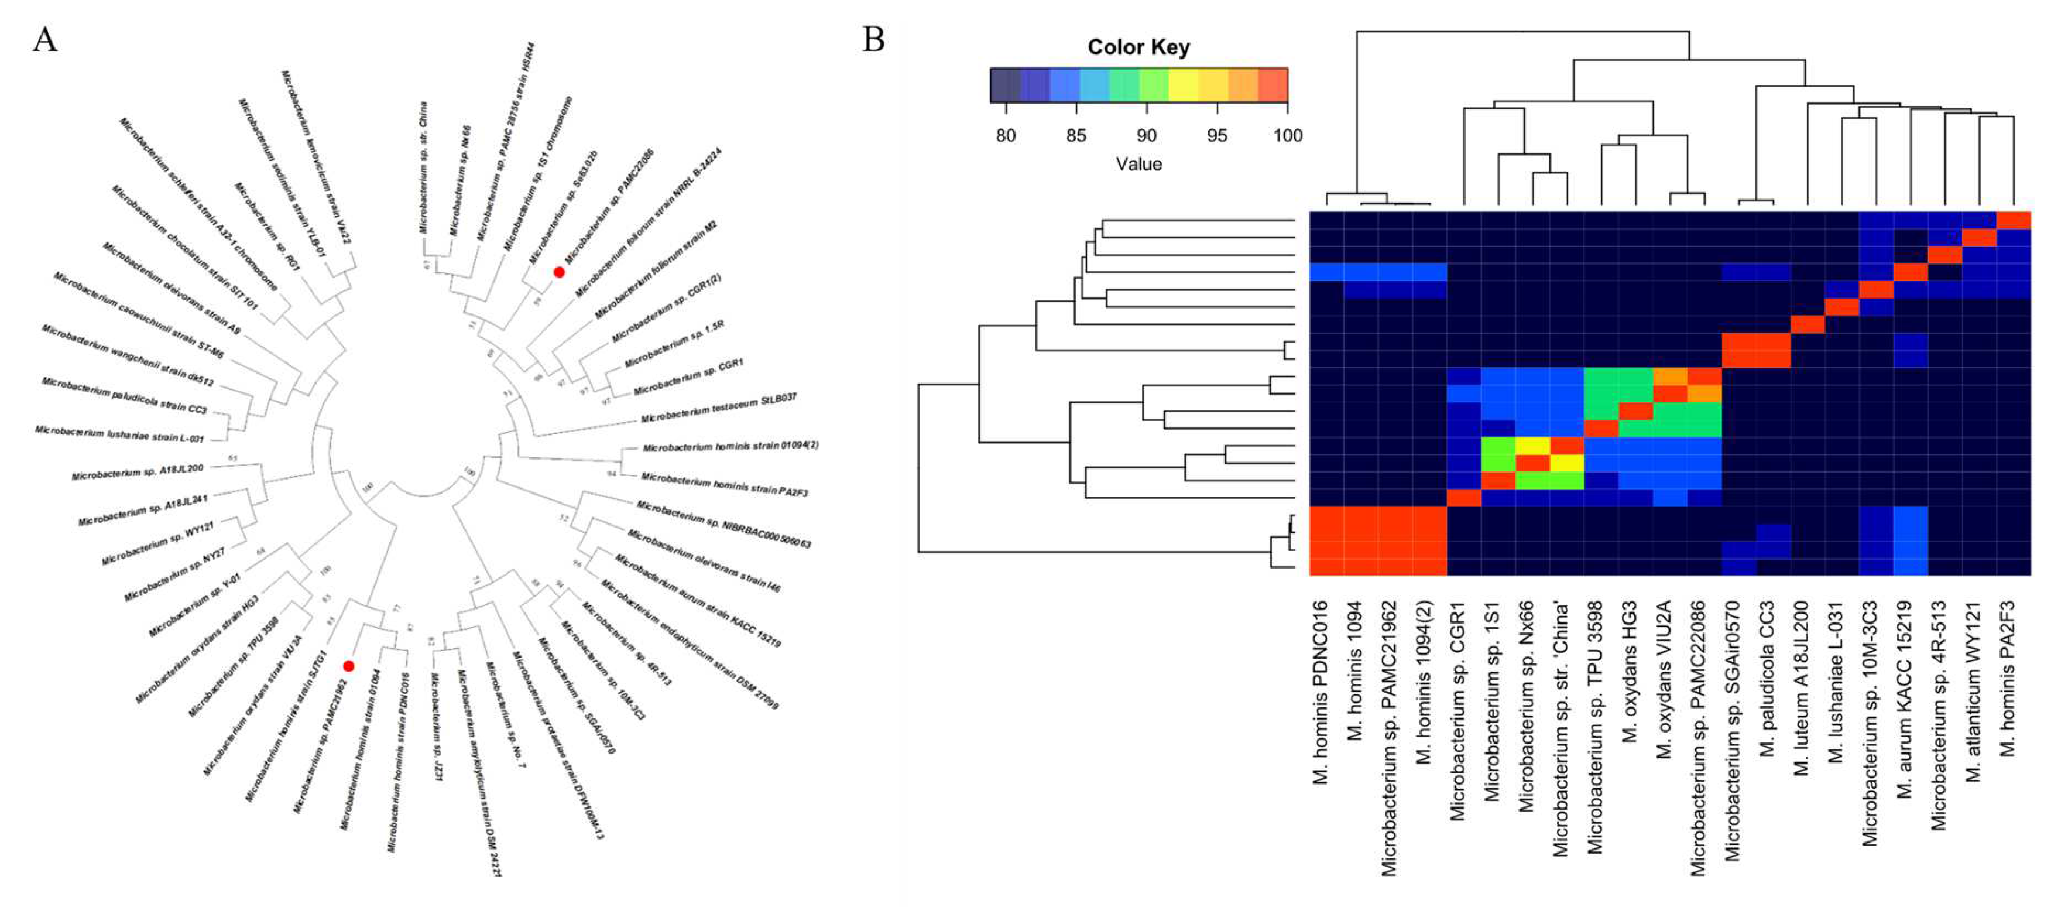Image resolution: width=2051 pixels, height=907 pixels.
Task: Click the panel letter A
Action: pos(44,39)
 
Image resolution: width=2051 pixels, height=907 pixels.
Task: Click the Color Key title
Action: pos(1138,47)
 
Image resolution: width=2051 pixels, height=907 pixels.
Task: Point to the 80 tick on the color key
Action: pos(1006,135)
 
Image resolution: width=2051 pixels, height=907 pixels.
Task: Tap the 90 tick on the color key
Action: pos(1147,135)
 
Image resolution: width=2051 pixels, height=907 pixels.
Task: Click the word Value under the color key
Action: pos(1138,164)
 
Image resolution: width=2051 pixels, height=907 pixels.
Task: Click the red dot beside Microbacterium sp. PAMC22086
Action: pos(559,272)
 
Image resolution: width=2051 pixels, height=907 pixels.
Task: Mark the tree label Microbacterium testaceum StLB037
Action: pos(718,408)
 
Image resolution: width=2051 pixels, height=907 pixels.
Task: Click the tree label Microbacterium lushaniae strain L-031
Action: pos(119,434)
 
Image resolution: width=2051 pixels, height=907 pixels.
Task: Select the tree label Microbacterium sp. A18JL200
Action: pos(138,472)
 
